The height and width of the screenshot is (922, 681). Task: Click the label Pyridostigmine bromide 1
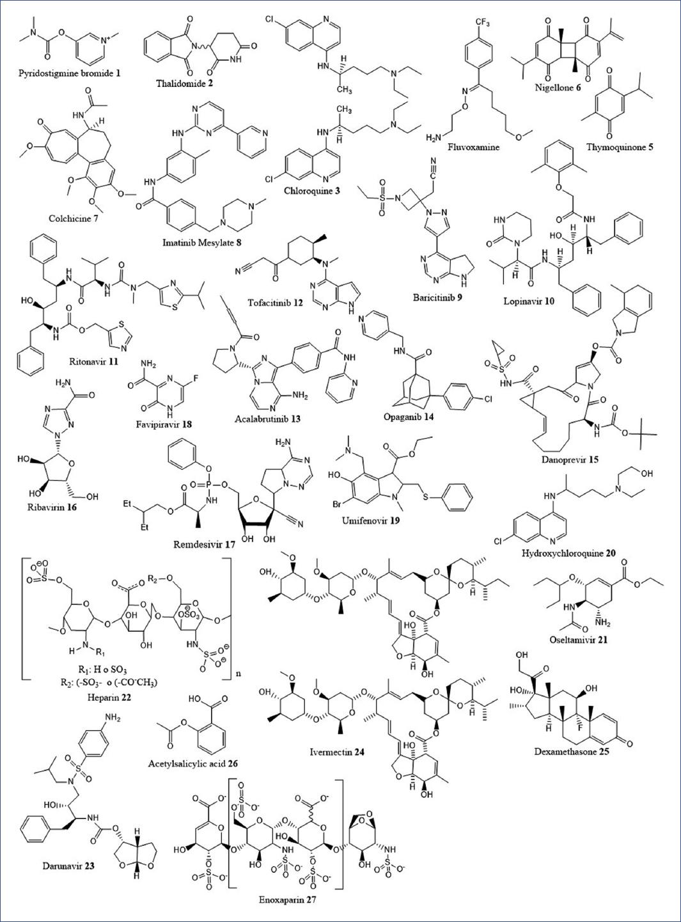coord(70,74)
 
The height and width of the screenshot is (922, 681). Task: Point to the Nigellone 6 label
coord(558,88)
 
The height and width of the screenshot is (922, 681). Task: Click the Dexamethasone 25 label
coord(572,752)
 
